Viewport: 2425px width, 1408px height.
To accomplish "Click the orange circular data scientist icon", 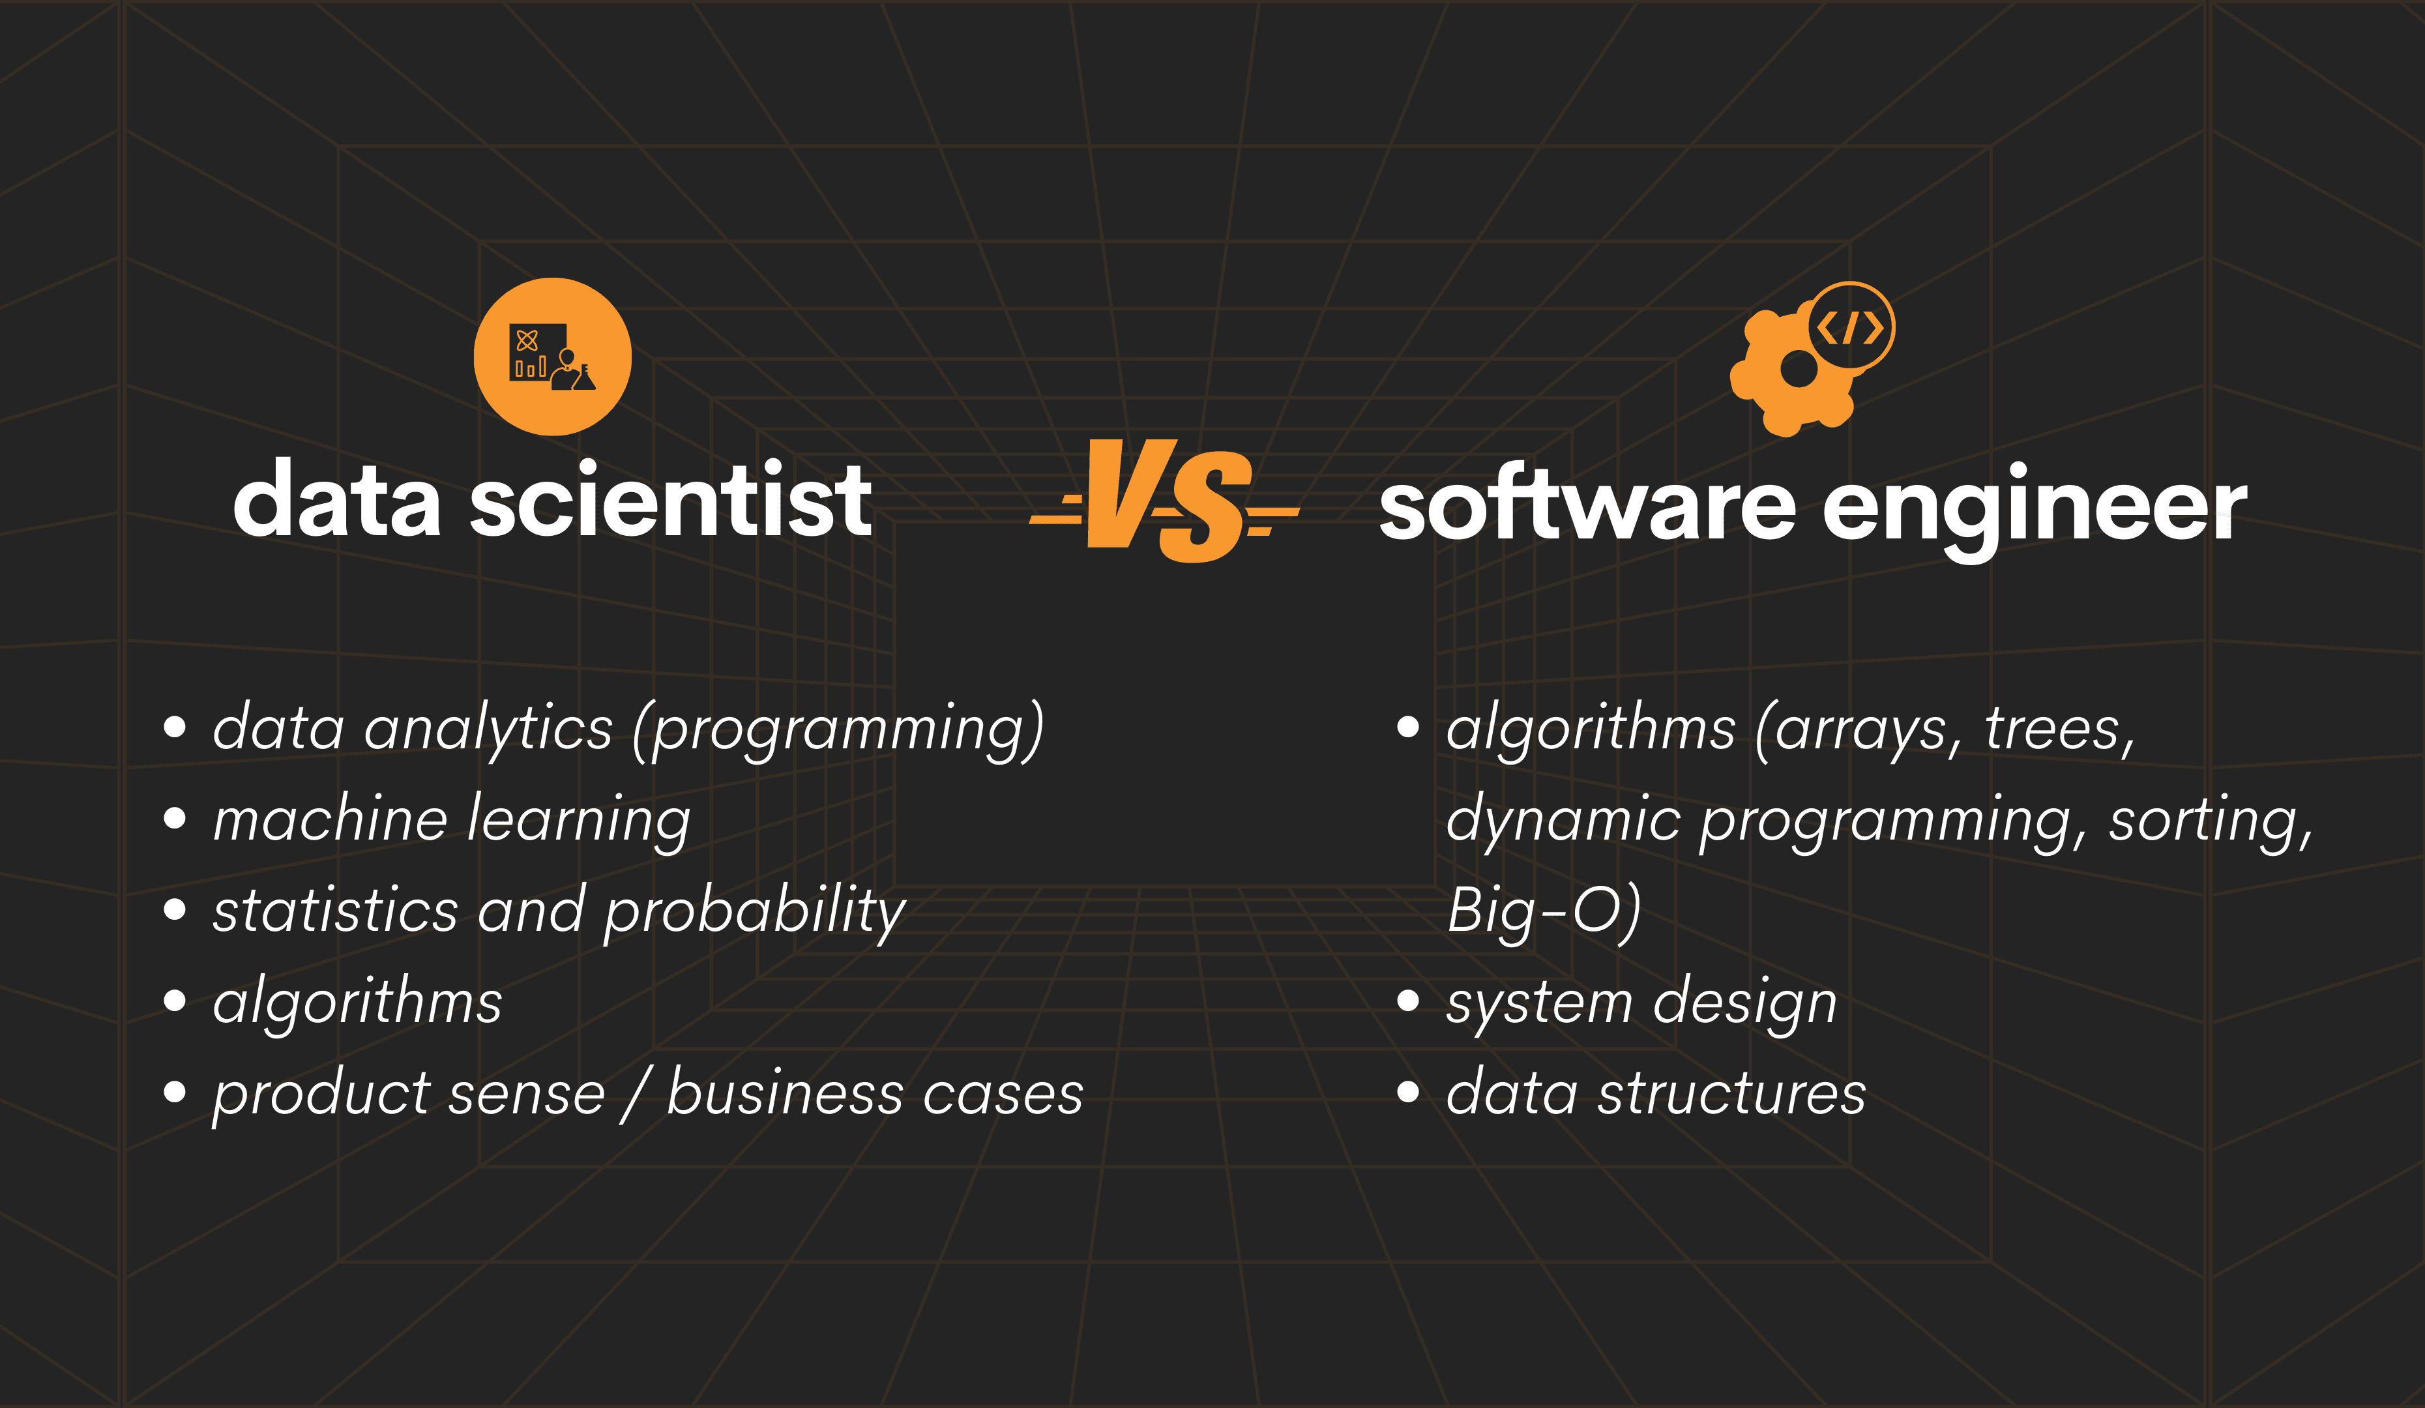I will pos(552,357).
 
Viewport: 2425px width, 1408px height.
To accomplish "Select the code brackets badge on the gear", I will pos(1849,327).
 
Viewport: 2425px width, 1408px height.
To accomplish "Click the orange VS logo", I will pos(1164,501).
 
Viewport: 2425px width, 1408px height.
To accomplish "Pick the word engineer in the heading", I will pos(2035,510).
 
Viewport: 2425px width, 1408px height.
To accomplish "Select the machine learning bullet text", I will pos(451,820).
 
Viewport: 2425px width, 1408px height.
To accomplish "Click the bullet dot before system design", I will pos(1408,1001).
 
